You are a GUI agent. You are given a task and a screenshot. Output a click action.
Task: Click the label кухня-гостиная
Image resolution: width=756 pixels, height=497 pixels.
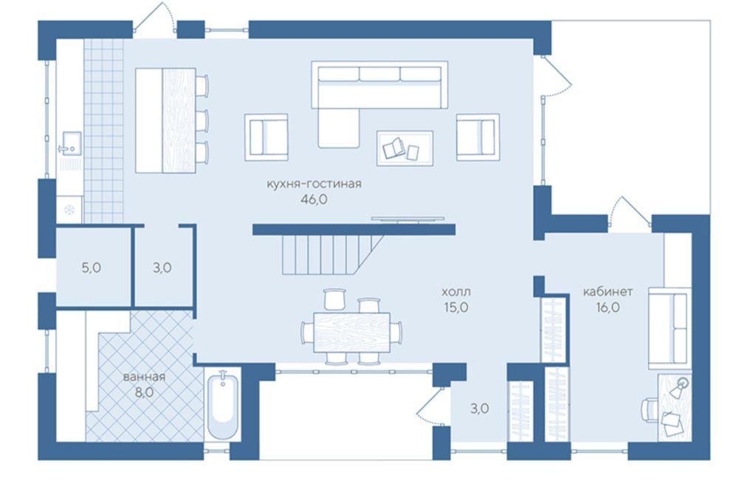314,184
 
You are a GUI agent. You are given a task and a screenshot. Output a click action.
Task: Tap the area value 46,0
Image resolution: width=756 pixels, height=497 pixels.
313,199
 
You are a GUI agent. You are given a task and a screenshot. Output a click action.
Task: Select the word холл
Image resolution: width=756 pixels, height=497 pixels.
456,292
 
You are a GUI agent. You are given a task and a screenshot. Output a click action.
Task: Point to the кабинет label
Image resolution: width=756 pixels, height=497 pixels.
608,292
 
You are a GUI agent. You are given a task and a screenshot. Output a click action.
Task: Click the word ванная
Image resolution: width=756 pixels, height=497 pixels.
144,377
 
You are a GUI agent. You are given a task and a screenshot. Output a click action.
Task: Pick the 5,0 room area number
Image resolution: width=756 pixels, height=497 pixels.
91,268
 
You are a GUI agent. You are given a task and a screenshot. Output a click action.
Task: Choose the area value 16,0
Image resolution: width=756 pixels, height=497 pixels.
608,307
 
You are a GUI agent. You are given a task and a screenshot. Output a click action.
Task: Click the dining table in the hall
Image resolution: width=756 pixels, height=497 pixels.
351,332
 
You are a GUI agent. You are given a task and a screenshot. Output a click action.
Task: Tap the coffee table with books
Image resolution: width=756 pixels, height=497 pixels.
405,148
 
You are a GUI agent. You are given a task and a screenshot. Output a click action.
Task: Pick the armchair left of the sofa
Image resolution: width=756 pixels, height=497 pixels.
266,136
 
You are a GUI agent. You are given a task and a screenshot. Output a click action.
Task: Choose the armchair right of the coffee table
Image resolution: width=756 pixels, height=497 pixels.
478,136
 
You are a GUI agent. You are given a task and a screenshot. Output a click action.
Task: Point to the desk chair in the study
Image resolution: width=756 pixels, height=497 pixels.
650,409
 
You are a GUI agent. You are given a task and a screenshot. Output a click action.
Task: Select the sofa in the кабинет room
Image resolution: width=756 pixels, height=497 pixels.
669,328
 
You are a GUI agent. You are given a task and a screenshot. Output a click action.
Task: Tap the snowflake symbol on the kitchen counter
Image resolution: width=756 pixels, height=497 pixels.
69,210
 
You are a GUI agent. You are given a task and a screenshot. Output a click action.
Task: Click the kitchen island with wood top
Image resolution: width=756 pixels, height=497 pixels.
165,120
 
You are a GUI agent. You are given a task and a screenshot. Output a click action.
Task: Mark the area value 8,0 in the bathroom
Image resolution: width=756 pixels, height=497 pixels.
144,392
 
